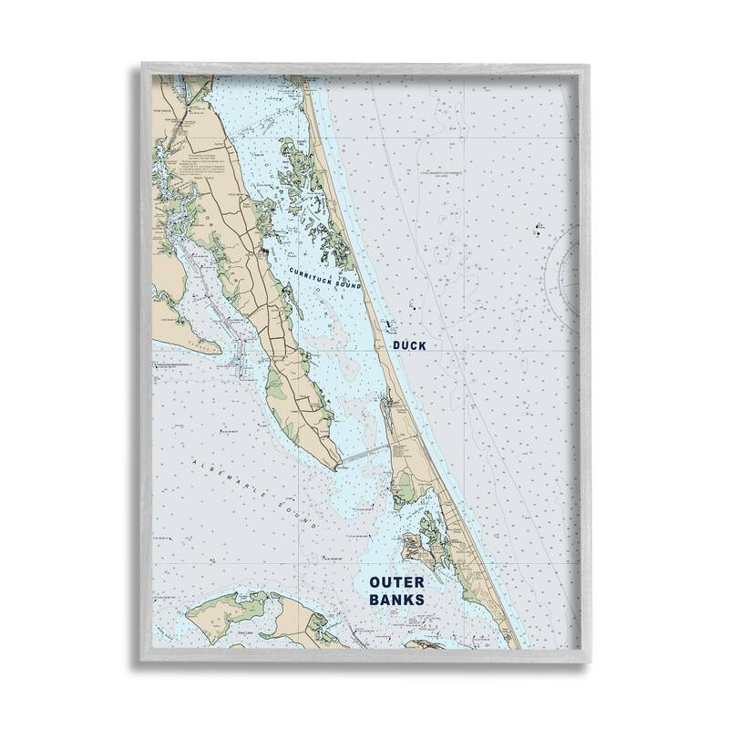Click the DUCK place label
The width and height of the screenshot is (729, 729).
point(409,346)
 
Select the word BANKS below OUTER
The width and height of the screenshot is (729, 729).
point(396,601)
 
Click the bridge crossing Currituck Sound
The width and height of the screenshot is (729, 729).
point(364,455)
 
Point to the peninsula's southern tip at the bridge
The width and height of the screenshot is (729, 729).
point(339,465)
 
